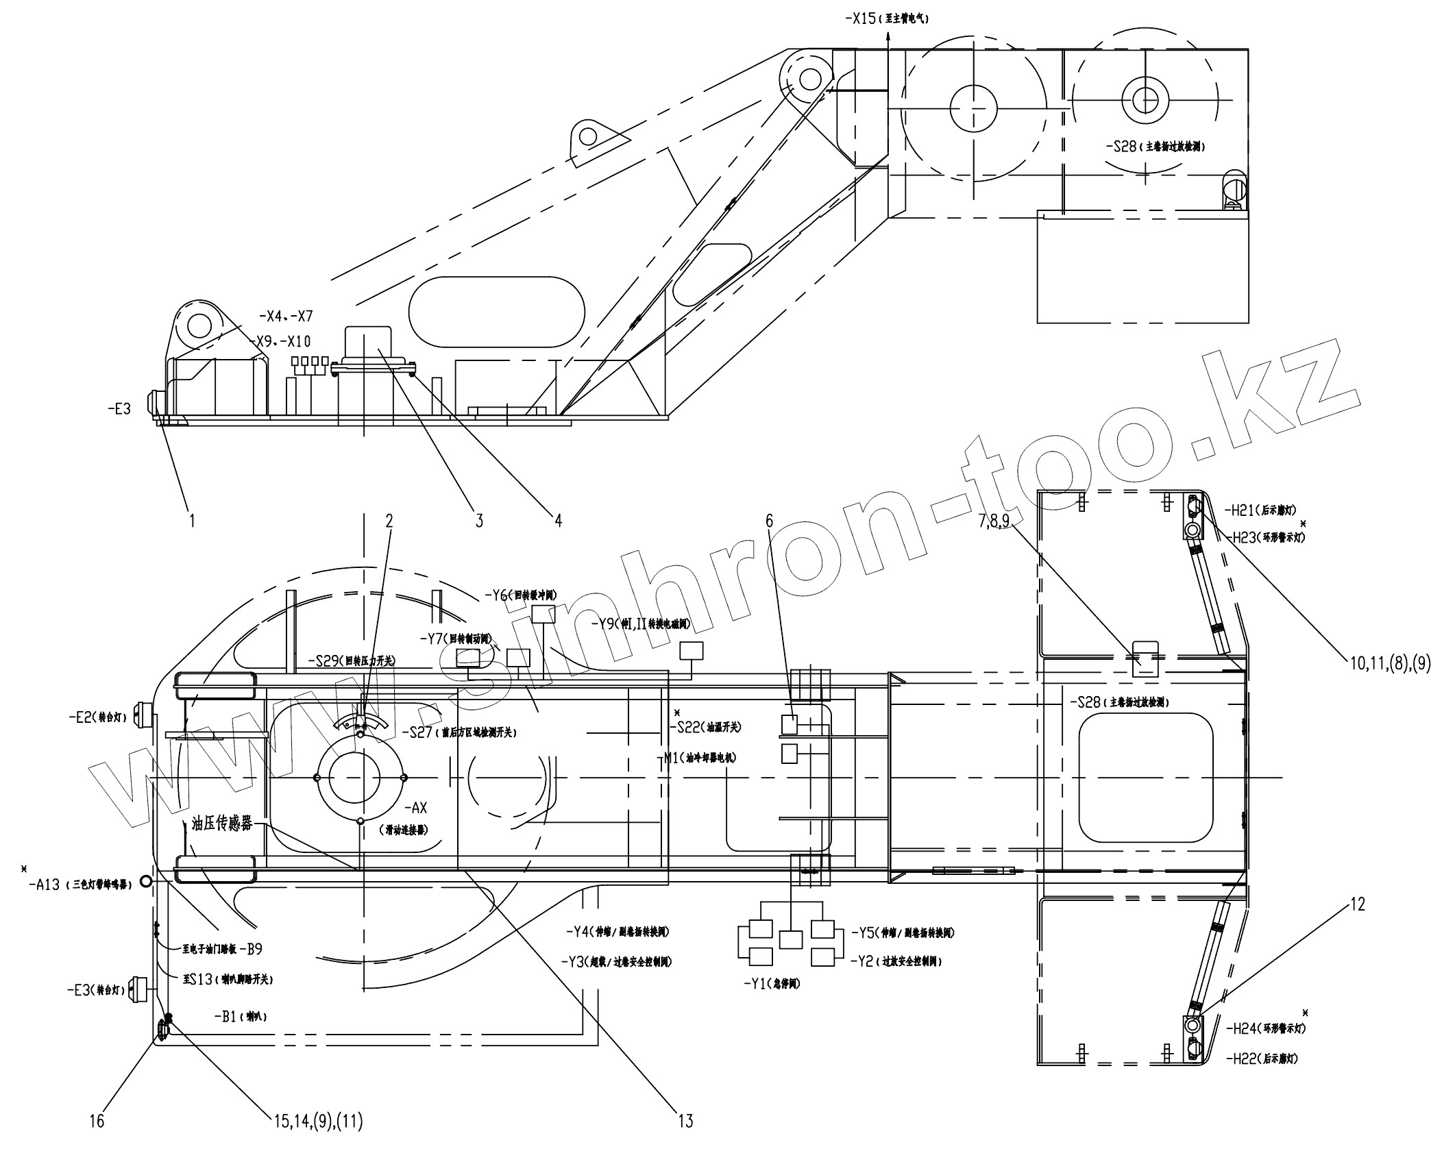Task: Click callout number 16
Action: tap(97, 1121)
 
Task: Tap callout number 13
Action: tap(685, 1121)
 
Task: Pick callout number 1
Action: tap(192, 521)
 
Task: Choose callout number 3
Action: tap(479, 521)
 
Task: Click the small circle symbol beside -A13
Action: tap(145, 881)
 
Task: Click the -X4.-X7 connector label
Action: tap(286, 317)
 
